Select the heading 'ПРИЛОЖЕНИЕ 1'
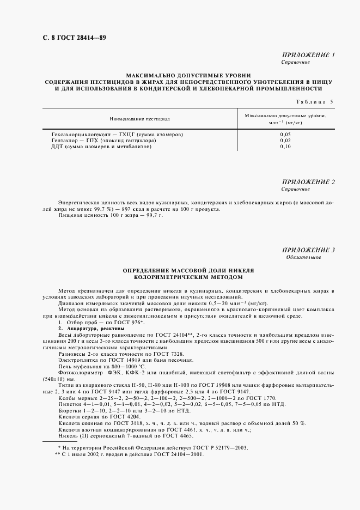pyautogui.click(x=308, y=55)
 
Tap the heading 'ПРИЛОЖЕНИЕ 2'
pyautogui.click(x=308, y=181)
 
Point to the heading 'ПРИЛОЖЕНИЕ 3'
pyautogui.click(x=308, y=250)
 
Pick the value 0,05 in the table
pyautogui.click(x=285, y=133)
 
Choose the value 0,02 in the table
pyautogui.click(x=285, y=140)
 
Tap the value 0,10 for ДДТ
pyautogui.click(x=285, y=147)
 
